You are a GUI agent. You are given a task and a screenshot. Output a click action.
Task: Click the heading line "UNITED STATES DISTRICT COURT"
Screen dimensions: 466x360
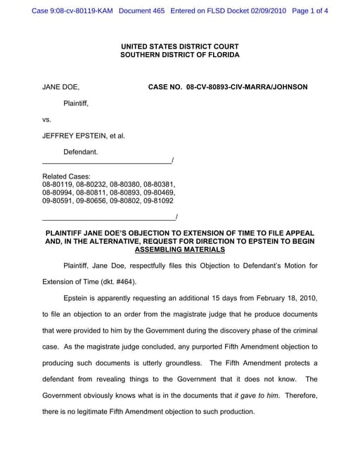pyautogui.click(x=179, y=46)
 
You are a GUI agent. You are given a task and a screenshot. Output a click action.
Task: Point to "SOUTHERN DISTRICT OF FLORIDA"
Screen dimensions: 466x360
pyautogui.click(x=179, y=54)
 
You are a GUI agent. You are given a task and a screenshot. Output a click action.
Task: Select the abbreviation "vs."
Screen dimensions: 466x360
pyautogui.click(x=47, y=119)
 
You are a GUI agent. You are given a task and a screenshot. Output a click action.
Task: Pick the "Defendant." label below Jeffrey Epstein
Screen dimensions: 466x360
pyautogui.click(x=81, y=152)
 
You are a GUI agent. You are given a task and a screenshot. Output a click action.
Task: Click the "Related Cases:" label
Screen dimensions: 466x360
pyautogui.click(x=67, y=176)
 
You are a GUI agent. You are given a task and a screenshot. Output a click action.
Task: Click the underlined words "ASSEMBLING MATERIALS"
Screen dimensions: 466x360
pyautogui.click(x=179, y=249)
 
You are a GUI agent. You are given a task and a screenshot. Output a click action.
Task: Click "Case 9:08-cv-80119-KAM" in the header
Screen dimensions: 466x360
pyautogui.click(x=72, y=11)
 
